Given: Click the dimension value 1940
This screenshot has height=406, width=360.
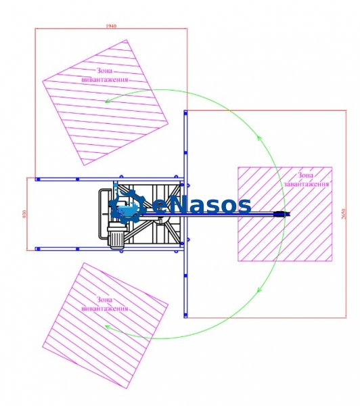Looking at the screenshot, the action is [x=111, y=26].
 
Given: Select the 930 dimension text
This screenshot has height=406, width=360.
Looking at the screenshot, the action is [x=24, y=214].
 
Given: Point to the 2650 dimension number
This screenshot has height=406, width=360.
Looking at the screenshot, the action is [x=344, y=214].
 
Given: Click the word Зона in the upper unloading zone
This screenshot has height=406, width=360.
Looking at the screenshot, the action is [x=104, y=70].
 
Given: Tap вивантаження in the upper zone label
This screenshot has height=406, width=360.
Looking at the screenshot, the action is [x=105, y=79].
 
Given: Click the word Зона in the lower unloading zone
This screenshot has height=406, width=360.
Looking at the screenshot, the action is [x=104, y=300].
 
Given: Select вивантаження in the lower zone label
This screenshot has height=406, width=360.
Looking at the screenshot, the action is [x=105, y=309].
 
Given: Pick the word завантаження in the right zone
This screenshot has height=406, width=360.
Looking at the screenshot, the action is [x=307, y=184].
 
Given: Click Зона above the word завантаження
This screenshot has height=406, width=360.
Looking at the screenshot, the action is [x=305, y=175].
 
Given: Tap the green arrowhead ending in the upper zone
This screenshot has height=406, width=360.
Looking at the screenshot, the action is [x=108, y=101].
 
